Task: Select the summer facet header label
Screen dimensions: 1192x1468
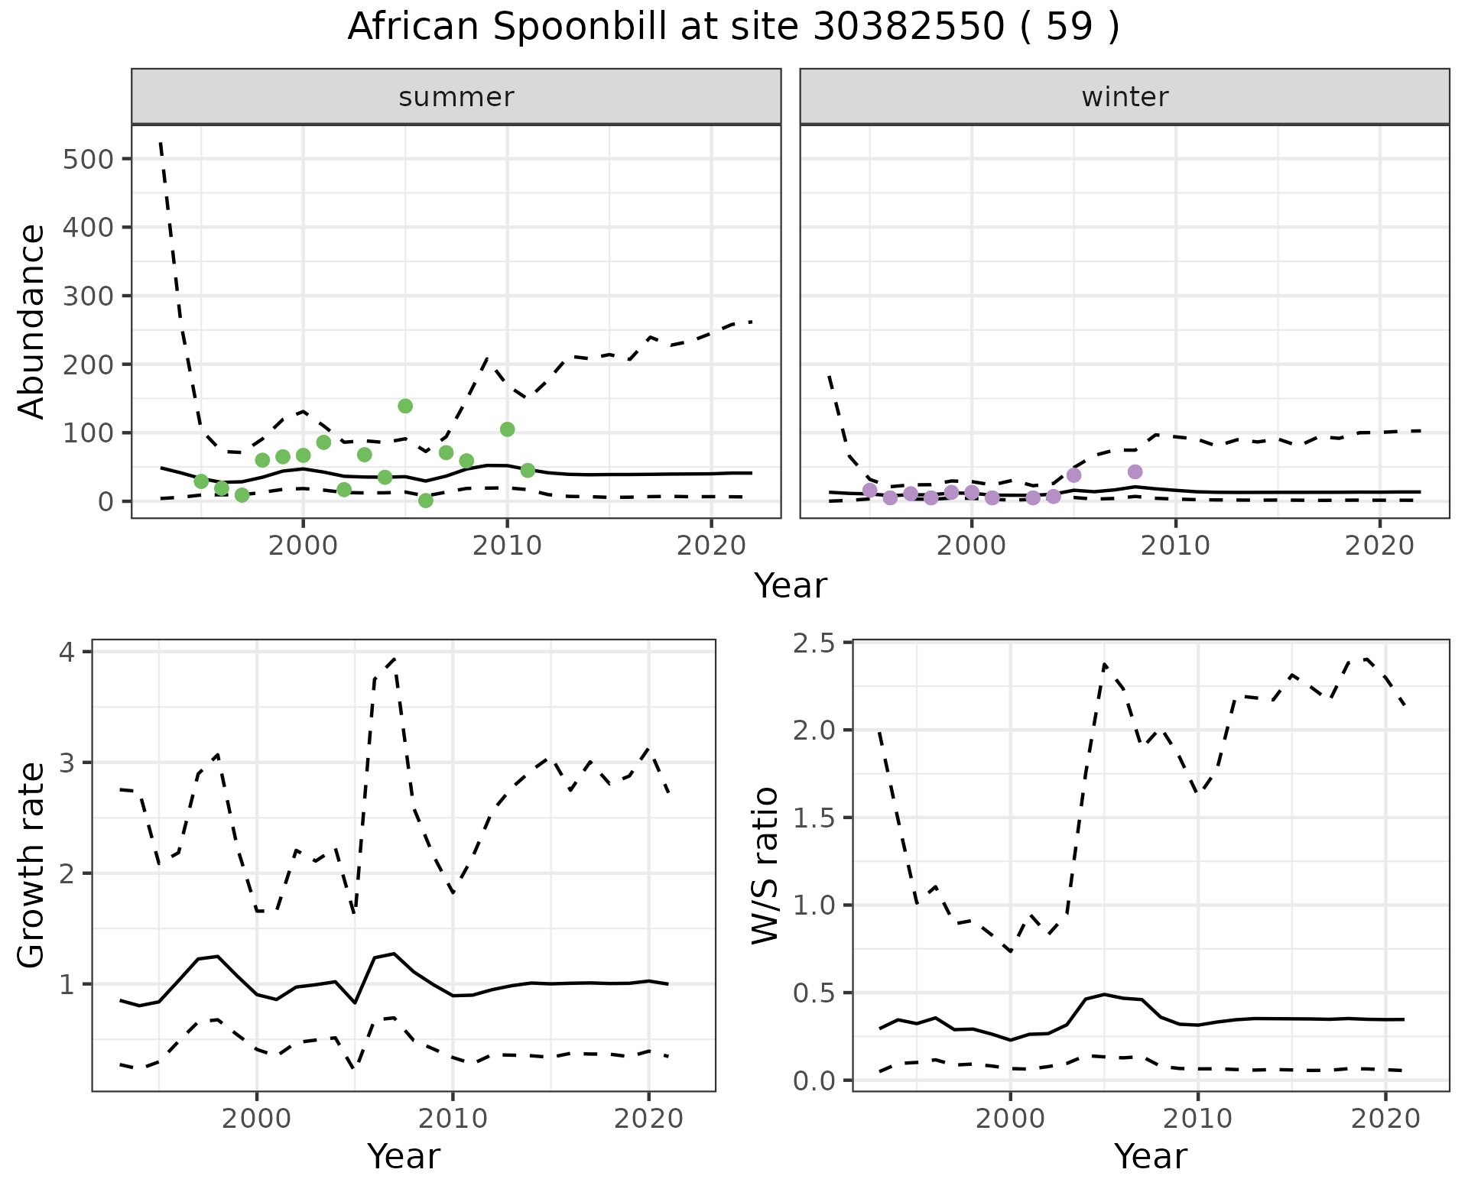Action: tap(456, 97)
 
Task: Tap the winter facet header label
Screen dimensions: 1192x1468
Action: tap(1124, 97)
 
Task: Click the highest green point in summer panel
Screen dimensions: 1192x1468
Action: tap(405, 406)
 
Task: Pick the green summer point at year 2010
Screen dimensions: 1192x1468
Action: tap(507, 429)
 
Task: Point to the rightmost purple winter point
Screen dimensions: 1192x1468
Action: tap(1135, 471)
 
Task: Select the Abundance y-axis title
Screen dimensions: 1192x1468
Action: tap(31, 322)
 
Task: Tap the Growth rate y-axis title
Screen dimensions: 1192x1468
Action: tap(31, 865)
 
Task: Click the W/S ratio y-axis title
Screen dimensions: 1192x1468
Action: tap(765, 865)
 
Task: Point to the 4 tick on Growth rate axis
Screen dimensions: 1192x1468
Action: tap(68, 652)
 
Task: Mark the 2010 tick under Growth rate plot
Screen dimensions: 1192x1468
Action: tap(453, 1119)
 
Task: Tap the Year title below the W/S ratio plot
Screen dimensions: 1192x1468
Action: tap(1150, 1156)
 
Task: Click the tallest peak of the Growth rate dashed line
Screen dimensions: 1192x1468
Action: tap(394, 658)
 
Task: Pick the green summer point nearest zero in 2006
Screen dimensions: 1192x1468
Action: tap(426, 500)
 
